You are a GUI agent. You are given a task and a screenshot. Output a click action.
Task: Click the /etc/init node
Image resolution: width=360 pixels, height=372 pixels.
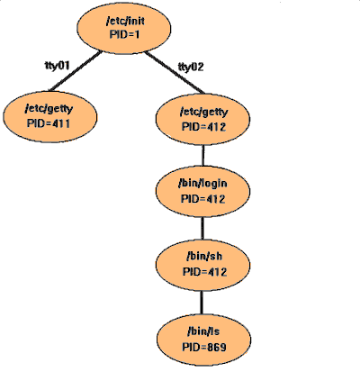(124, 29)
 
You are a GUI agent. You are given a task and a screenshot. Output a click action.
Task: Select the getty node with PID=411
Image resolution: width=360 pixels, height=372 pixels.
(50, 116)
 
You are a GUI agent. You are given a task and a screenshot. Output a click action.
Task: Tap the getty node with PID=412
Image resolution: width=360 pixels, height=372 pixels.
(202, 119)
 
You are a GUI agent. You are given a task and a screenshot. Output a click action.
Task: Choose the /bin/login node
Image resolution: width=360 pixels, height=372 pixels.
(202, 192)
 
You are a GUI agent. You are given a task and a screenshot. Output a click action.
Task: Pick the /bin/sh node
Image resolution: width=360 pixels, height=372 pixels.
(202, 265)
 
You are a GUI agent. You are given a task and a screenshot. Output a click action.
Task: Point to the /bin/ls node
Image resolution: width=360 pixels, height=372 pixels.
(204, 340)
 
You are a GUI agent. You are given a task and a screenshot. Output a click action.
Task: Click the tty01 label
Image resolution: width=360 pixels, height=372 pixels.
(58, 65)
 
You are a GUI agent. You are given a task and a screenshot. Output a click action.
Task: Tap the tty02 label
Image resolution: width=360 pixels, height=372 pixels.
(191, 67)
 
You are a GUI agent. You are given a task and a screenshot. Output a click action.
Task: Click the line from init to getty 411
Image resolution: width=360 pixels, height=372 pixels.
(76, 71)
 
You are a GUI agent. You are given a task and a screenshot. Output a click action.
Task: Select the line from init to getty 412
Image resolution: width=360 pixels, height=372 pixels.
(175, 73)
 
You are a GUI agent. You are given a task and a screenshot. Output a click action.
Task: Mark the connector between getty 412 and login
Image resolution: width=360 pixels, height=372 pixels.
(202, 156)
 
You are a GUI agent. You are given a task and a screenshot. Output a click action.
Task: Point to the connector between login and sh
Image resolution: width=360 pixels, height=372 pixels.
(202, 228)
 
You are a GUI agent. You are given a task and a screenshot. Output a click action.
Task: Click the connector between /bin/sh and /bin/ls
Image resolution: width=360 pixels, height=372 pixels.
(202, 303)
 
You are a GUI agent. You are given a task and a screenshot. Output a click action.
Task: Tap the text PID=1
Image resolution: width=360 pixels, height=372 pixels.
(124, 34)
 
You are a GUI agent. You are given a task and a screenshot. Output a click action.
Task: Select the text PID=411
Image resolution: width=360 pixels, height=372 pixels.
(49, 123)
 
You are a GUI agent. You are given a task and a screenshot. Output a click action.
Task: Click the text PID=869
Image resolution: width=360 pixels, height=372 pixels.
(204, 347)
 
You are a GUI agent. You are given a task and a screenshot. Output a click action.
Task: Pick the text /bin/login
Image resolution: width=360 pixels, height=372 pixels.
(202, 183)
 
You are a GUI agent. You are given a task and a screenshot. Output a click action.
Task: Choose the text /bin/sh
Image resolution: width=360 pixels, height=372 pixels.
(204, 257)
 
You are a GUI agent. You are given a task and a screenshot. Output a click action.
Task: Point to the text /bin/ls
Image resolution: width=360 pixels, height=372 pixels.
(203, 331)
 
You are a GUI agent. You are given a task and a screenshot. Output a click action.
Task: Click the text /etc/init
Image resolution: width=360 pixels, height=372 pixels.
(125, 21)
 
